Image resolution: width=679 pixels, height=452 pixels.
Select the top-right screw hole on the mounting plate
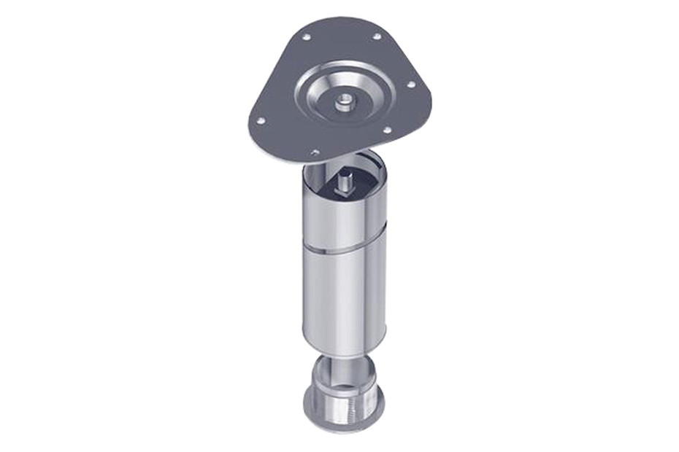377,36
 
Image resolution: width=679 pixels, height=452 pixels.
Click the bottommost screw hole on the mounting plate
315,152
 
